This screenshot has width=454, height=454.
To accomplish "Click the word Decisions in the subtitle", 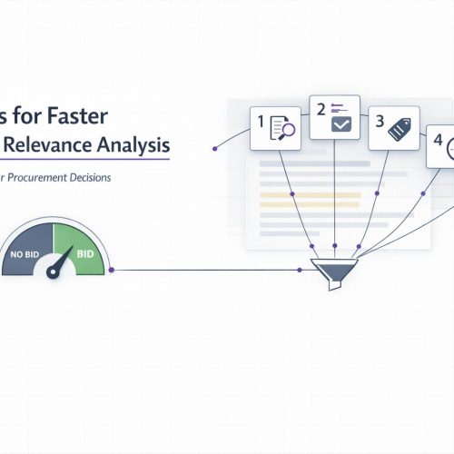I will click(x=94, y=178).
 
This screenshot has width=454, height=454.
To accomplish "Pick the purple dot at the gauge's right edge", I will click(x=111, y=270).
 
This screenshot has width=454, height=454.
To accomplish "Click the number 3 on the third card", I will click(x=380, y=122).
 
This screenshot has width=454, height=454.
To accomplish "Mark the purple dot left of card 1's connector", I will click(x=212, y=146).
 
